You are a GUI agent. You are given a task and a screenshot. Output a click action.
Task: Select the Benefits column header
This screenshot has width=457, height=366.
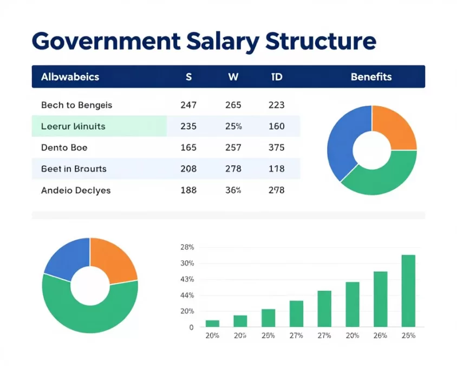[371, 76]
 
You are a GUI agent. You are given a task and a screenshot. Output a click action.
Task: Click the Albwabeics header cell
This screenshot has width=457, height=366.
[70, 76]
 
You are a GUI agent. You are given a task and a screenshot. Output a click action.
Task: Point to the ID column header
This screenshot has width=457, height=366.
[276, 76]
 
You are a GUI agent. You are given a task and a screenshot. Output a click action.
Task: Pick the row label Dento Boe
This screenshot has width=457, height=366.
[64, 147]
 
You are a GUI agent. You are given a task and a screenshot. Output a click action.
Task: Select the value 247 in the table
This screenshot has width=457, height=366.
[188, 105]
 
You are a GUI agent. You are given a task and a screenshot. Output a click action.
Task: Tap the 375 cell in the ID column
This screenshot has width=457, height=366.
[276, 147]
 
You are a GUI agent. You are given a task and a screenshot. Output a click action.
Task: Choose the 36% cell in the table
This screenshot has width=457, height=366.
[233, 190]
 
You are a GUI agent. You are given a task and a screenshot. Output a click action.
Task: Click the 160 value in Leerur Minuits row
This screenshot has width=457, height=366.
[276, 126]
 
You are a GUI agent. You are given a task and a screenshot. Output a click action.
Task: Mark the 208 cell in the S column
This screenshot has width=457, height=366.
[188, 169]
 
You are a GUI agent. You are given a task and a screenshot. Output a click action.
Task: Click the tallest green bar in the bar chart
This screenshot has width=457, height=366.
[408, 291]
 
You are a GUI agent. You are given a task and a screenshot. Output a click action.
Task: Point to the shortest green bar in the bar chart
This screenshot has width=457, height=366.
[212, 324]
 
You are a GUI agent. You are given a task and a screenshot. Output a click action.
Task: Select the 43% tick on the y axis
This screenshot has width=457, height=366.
[187, 279]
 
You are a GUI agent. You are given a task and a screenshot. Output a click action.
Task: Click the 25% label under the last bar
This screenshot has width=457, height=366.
[408, 336]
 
